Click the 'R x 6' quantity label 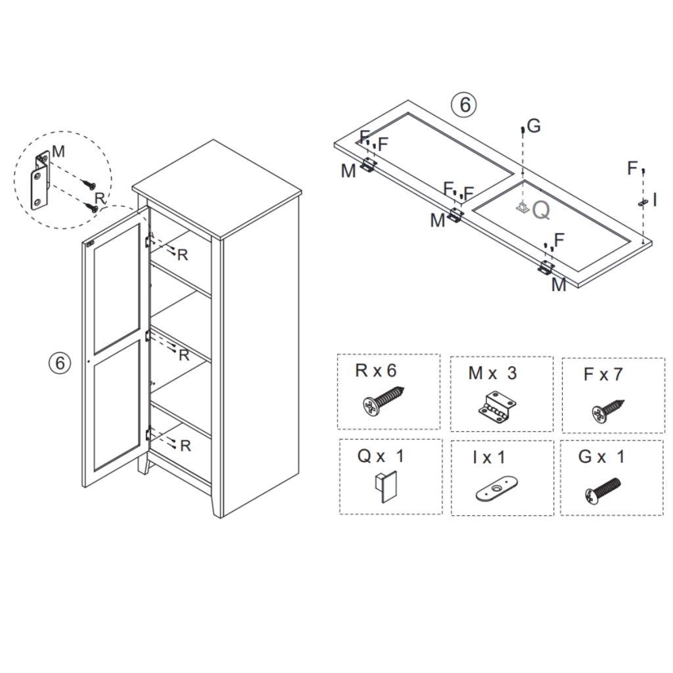(376, 371)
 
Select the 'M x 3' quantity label (492, 373)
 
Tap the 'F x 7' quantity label (603, 375)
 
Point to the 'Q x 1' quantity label (381, 456)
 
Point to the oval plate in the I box (494, 490)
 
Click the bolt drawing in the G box (601, 490)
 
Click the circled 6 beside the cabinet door (60, 362)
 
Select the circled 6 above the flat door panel (464, 105)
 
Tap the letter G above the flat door (534, 126)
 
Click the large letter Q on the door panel (541, 210)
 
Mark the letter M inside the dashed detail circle (58, 152)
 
